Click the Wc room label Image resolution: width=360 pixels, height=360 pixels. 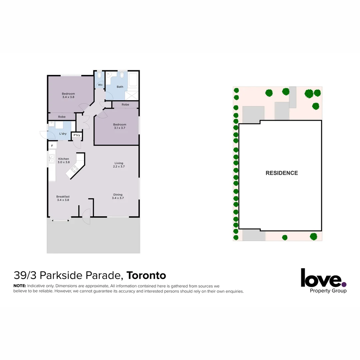point(100,85)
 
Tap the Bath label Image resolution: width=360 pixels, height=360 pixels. point(120,87)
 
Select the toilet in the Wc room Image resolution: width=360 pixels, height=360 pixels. point(99,75)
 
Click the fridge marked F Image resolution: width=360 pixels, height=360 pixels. point(52,146)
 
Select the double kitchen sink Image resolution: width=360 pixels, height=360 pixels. point(52,159)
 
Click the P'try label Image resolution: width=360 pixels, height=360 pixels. point(77,135)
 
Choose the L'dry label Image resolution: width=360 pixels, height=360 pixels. point(63,134)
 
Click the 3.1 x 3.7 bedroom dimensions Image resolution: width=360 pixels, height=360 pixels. point(119,128)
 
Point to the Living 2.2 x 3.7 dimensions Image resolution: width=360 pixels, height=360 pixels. point(119,166)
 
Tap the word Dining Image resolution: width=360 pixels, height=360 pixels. point(118,195)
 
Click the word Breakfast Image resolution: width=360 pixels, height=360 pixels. point(63,197)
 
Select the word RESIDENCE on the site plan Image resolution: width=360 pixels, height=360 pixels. point(282,173)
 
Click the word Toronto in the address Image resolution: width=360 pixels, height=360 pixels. point(146,276)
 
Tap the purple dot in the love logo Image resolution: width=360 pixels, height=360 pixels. point(344,284)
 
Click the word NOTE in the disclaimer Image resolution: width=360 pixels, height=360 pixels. point(19,286)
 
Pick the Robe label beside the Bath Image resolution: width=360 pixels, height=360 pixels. point(125,105)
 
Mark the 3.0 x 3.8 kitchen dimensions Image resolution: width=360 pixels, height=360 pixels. point(64,162)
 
